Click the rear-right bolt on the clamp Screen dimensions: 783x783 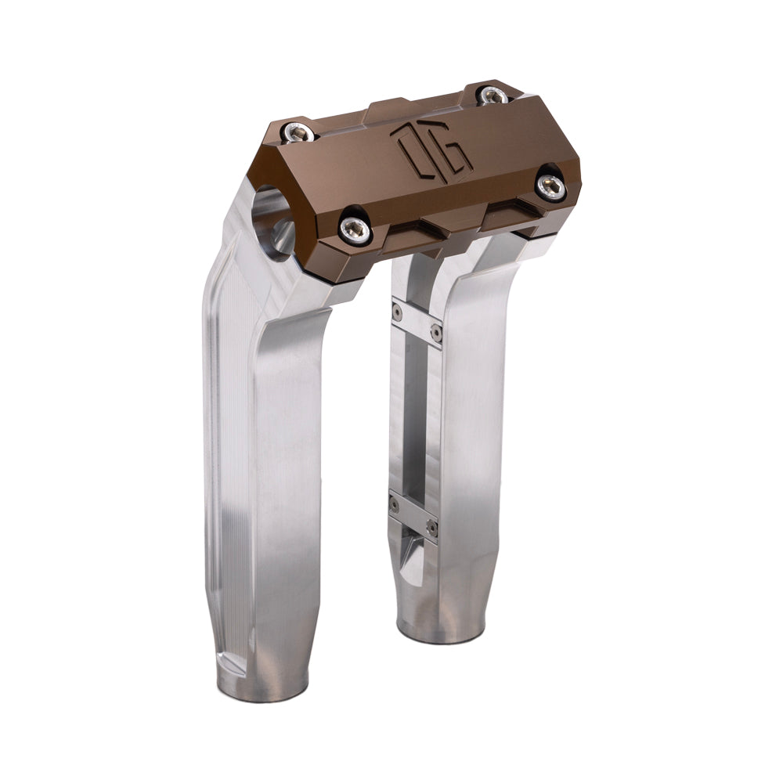tap(491, 96)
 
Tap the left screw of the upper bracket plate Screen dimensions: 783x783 tap(398, 312)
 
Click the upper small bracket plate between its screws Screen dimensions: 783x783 tap(417, 321)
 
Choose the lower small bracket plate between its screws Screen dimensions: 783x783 tap(413, 514)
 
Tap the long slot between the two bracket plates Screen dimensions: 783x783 tap(413, 415)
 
